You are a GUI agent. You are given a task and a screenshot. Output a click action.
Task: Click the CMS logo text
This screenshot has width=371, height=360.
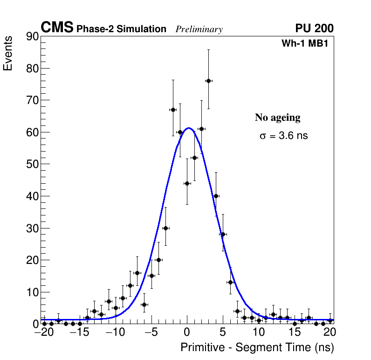(57, 28)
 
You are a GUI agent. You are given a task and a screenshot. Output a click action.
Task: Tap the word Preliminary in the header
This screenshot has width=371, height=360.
(199, 29)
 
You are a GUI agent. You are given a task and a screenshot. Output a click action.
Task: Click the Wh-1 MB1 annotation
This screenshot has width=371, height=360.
(308, 43)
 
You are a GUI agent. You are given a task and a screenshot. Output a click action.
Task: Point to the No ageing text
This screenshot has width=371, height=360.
(277, 118)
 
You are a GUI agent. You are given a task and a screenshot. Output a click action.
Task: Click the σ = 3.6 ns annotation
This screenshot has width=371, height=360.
(283, 136)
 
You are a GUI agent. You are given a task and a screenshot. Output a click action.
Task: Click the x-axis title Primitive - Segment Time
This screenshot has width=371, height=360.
(257, 347)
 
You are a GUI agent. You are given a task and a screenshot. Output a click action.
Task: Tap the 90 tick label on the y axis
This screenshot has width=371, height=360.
(32, 36)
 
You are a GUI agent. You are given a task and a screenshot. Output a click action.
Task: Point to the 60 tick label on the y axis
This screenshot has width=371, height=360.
(32, 132)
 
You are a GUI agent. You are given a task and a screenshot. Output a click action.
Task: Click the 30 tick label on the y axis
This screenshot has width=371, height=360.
(32, 228)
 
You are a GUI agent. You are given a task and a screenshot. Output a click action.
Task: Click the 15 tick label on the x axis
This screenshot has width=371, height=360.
(295, 332)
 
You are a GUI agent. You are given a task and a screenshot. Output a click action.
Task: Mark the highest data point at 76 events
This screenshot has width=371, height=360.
(208, 81)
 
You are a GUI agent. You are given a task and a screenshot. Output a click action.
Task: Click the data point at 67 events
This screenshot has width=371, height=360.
(173, 110)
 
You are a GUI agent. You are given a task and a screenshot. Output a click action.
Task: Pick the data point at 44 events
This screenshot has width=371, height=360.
(187, 183)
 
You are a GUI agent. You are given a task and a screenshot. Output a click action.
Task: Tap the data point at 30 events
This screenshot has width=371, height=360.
(165, 228)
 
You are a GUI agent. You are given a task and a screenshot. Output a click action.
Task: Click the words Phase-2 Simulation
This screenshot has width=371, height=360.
(121, 29)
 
